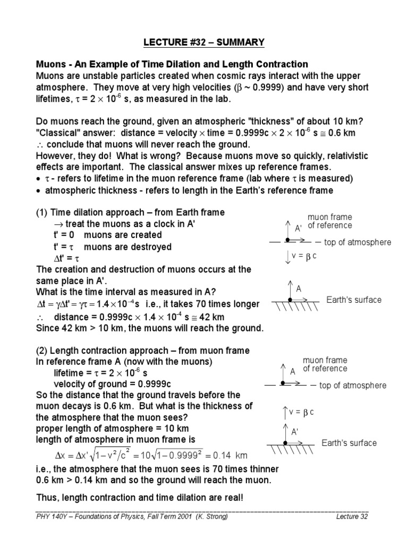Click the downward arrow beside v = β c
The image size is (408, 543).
point(287,257)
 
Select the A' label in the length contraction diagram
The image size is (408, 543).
point(294,432)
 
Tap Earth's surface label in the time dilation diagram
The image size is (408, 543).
point(354,300)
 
